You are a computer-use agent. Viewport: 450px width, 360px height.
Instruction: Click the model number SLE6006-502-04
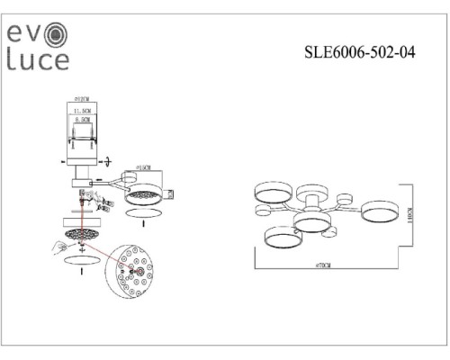[x=359, y=52]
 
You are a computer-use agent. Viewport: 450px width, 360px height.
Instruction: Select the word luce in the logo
[x=38, y=60]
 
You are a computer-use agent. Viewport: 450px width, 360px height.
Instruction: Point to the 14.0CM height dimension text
[x=409, y=219]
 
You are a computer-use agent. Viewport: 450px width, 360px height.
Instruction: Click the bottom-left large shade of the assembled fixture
[x=282, y=238]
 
